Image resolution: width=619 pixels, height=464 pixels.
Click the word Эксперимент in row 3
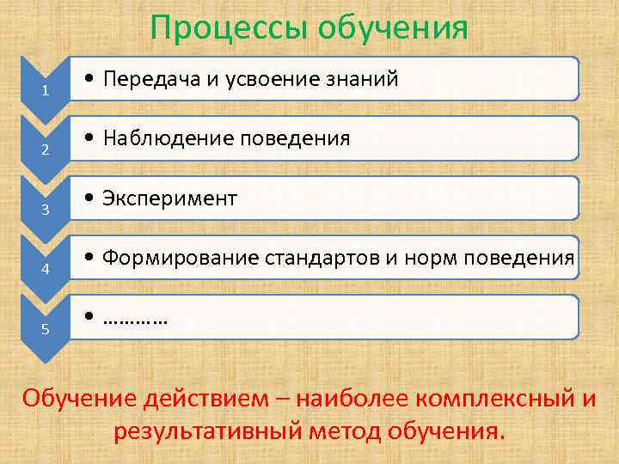169,198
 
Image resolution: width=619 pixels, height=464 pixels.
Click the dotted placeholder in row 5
135,318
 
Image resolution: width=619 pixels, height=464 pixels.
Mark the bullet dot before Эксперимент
90,199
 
